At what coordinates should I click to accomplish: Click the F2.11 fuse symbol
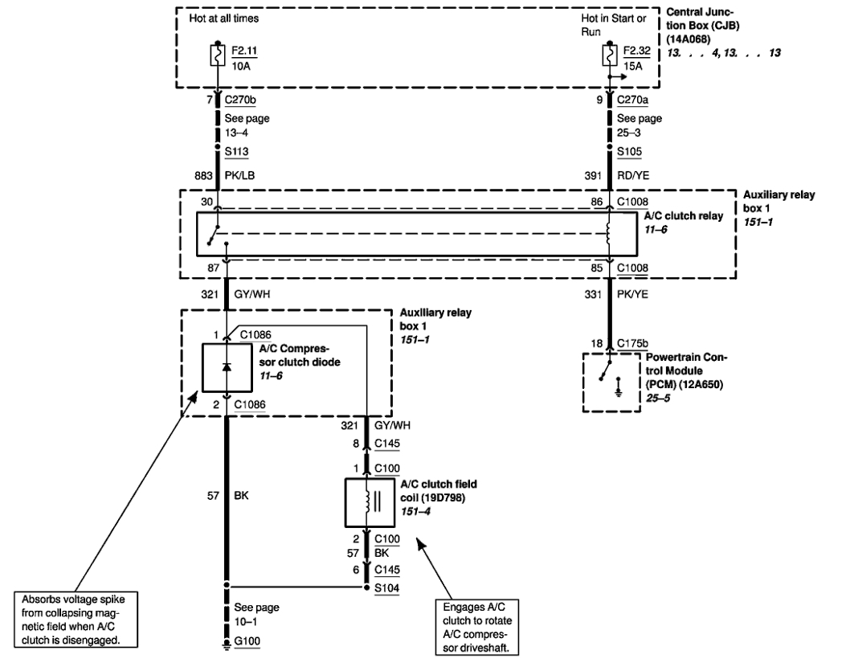tap(218, 55)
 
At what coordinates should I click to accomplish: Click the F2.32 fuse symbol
tap(610, 55)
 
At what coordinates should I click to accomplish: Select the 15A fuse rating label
tap(632, 66)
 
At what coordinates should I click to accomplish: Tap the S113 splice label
tap(236, 151)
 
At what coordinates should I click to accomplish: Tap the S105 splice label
tap(629, 151)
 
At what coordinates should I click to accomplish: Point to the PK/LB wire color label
tap(239, 176)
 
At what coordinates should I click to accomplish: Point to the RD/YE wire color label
tap(632, 176)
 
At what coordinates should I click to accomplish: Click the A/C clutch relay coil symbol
tap(609, 235)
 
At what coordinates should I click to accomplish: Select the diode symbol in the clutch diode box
tap(227, 367)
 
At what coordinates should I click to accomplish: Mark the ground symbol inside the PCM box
tap(619, 387)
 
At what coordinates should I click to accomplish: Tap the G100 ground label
tap(247, 641)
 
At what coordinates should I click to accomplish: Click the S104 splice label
tap(386, 588)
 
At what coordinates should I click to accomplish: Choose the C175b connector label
tap(632, 343)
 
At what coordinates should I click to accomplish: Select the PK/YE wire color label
tap(632, 294)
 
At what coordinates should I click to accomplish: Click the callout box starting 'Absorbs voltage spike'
tap(76, 620)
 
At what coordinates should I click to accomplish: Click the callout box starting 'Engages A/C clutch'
tap(477, 627)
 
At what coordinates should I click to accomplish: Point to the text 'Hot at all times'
tap(224, 18)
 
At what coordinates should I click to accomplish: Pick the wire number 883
tap(204, 176)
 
